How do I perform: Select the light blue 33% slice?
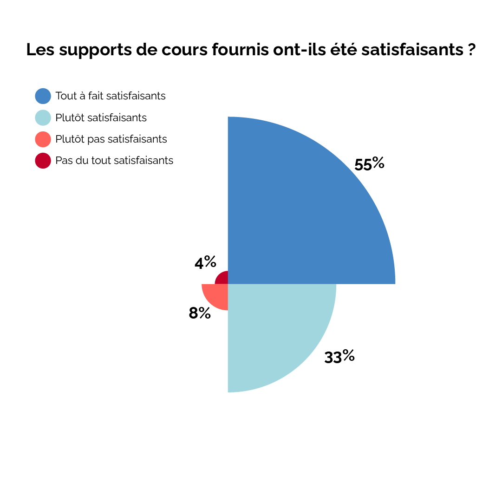(269, 325)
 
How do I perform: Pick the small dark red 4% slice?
(223, 279)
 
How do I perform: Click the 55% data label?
(369, 164)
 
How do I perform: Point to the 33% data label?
(339, 357)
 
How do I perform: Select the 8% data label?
(200, 313)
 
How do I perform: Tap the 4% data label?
(205, 263)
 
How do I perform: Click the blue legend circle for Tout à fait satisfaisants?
(43, 96)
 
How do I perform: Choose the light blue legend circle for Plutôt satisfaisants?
(43, 117)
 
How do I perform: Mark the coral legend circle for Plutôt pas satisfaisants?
(43, 139)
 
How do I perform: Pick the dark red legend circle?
(43, 160)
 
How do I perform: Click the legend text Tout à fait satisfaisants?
(111, 96)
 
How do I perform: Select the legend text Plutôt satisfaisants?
(101, 117)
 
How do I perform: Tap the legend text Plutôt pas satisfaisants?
(111, 139)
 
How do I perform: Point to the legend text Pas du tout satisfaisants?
(114, 160)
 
